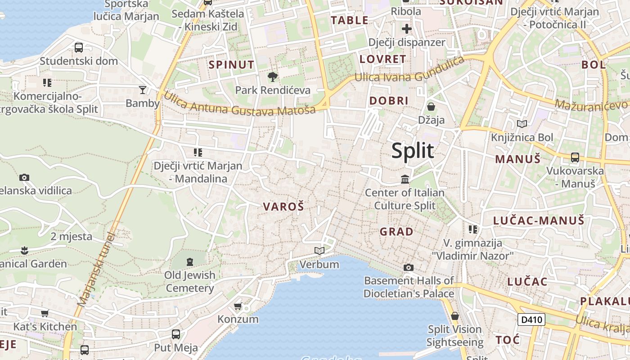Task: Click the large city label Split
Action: click(413, 150)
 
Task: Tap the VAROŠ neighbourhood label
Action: click(283, 207)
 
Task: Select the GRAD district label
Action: click(396, 232)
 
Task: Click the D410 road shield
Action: click(531, 320)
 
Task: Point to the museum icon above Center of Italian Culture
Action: click(405, 180)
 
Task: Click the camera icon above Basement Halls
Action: click(408, 268)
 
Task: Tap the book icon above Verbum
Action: click(319, 251)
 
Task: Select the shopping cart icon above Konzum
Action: click(238, 306)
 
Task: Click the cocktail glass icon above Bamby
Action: click(143, 90)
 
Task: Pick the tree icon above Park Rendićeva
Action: click(272, 77)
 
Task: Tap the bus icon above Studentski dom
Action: click(79, 48)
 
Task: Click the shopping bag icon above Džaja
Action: click(431, 107)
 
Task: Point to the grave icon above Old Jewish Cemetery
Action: click(189, 261)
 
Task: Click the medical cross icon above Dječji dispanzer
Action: click(407, 29)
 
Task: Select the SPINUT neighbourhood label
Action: click(231, 65)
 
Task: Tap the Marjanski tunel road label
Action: click(96, 270)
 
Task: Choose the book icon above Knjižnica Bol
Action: click(522, 124)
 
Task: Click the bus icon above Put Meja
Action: click(176, 334)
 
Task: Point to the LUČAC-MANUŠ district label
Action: click(539, 220)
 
